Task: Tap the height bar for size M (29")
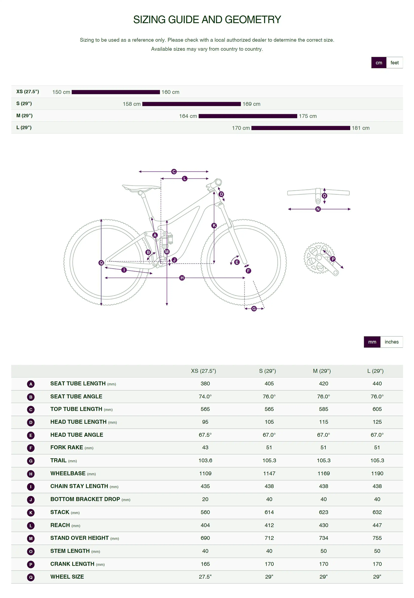(x=248, y=116)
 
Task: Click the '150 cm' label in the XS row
(x=61, y=92)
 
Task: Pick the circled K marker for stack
(x=214, y=225)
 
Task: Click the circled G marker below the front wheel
(x=254, y=309)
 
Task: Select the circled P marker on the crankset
(x=333, y=259)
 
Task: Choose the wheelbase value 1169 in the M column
(x=323, y=473)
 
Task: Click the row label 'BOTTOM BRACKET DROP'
(x=85, y=499)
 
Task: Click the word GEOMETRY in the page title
(x=253, y=20)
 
